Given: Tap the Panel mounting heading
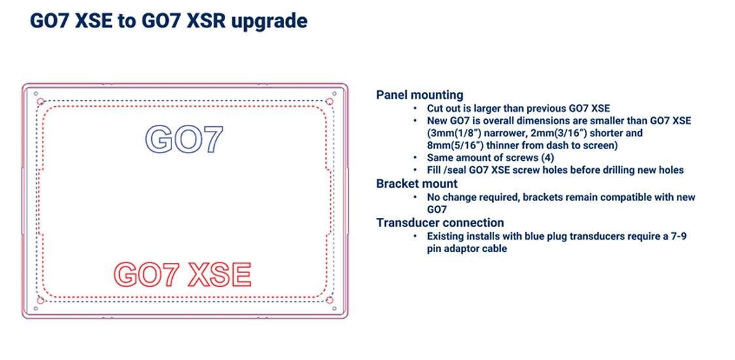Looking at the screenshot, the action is coord(420,96).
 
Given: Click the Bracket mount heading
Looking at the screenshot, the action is coord(417,183).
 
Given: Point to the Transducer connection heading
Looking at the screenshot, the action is coord(440,223).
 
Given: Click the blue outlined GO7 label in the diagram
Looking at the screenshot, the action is coord(184,139).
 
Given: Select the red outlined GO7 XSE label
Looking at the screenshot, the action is coord(183,275).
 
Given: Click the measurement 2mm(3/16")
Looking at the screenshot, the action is coord(567,133).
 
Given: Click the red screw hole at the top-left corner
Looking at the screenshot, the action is coord(41,101).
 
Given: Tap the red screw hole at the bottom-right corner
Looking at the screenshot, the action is coord(329,300).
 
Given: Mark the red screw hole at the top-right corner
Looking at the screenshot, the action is coord(329,101).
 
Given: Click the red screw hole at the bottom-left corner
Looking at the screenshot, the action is coord(41,300).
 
